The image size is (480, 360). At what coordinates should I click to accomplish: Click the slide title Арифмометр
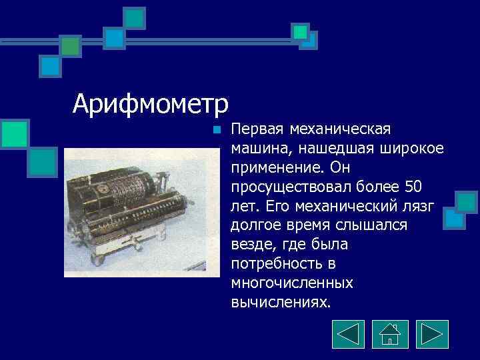[x=151, y=105]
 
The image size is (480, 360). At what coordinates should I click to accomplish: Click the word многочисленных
[x=291, y=283]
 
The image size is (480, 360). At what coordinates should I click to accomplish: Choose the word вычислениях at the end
[x=280, y=301]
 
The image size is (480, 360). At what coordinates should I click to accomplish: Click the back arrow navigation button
[x=348, y=334]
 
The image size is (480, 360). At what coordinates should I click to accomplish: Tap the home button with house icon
[x=390, y=334]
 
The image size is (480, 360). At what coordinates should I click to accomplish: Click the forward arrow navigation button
[x=432, y=334]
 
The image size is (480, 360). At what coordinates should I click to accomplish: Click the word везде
[x=251, y=247]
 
